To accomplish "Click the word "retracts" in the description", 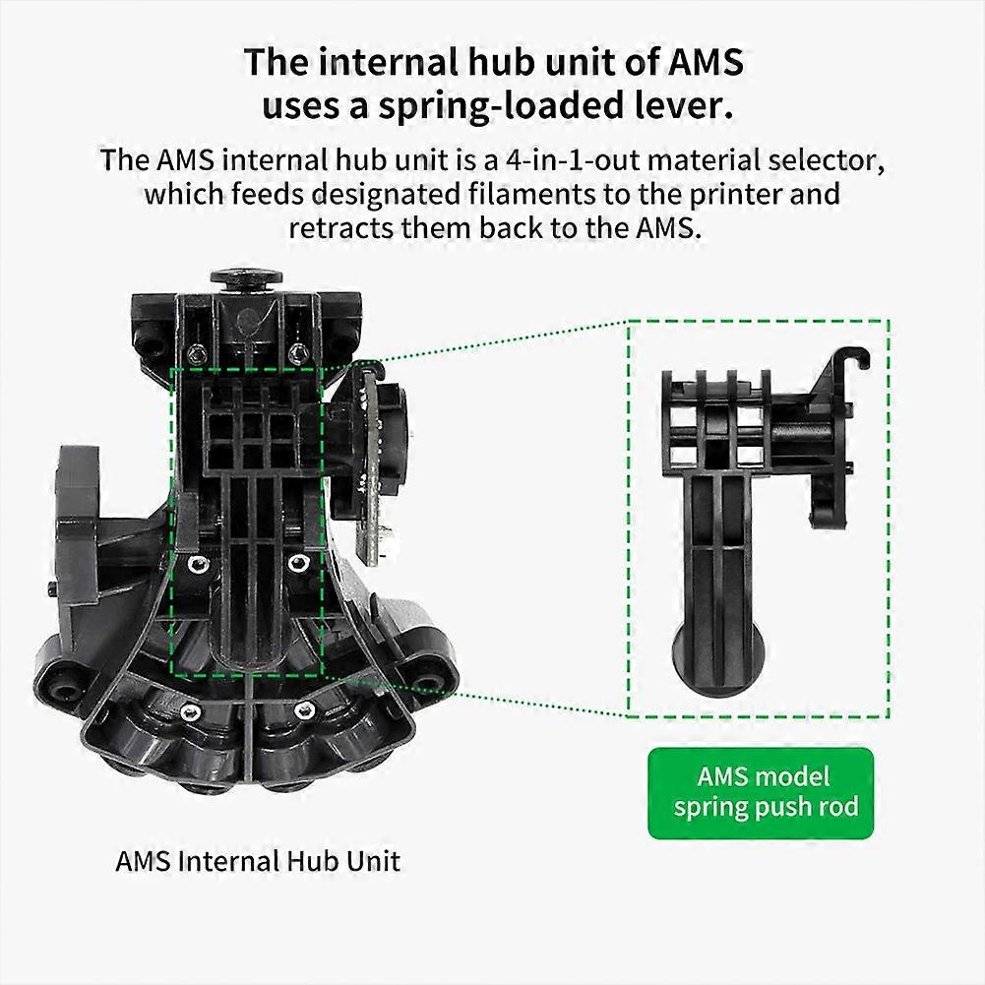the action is point(339,228).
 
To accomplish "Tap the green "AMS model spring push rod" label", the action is point(761,793).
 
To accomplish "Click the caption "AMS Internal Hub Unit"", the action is point(258,861).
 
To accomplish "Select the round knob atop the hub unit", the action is point(246,277).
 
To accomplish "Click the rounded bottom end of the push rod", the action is point(718,663).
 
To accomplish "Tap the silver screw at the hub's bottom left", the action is point(190,711).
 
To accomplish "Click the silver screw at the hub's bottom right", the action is point(304,709).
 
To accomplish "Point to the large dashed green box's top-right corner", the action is point(889,321).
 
